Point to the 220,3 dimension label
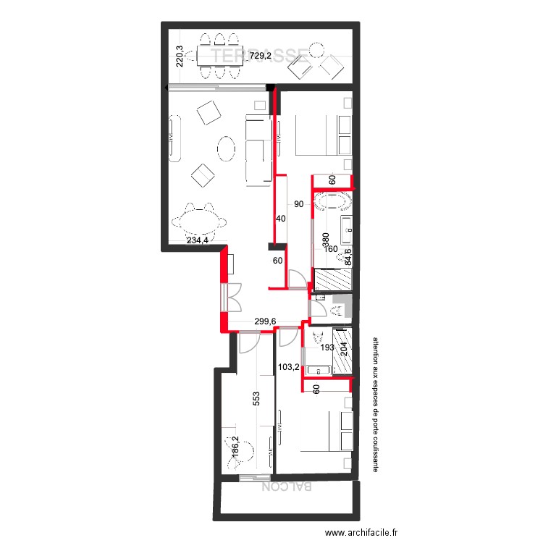pos(180,55)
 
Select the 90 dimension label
pos(298,205)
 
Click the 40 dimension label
pos(281,217)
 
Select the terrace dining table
pos(220,54)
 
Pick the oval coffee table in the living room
pos(227,150)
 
